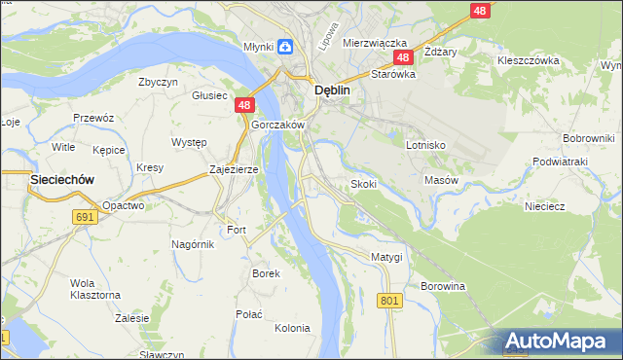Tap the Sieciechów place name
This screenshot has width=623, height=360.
(x=61, y=179)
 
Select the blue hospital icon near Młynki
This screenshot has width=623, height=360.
(x=284, y=46)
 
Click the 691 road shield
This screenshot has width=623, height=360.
(x=85, y=217)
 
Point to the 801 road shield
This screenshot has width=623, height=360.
(x=389, y=301)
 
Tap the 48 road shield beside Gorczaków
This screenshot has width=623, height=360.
(x=244, y=105)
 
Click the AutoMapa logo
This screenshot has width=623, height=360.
(x=560, y=342)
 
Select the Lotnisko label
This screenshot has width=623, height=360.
(x=425, y=145)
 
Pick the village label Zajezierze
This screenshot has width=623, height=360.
(x=234, y=169)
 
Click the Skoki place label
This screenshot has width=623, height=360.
(x=363, y=184)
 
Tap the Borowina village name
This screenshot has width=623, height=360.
(x=444, y=286)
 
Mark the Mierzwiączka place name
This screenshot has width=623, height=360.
(x=374, y=44)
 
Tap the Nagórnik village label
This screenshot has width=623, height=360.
(x=193, y=244)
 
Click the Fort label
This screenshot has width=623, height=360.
(x=237, y=231)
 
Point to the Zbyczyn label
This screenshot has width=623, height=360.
(x=158, y=83)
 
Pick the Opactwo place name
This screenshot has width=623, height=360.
(x=124, y=205)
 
